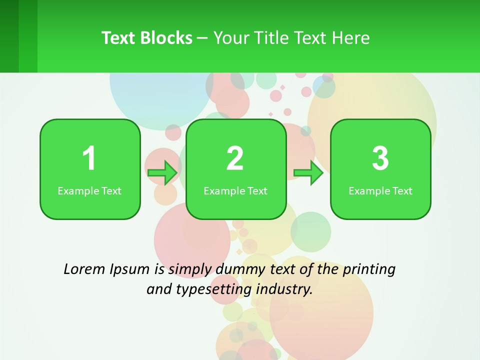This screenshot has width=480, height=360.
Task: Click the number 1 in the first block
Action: [x=89, y=158]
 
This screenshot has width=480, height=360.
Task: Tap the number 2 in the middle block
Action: [x=235, y=158]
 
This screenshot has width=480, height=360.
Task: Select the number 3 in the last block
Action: [x=380, y=158]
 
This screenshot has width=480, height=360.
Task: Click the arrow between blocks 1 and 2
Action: [x=162, y=173]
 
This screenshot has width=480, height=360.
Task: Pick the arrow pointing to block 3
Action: [x=308, y=173]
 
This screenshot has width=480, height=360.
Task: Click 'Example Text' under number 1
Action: [x=89, y=191]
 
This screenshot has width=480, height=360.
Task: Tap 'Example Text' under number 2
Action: [x=235, y=191]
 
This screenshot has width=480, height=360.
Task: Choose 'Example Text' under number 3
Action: [x=380, y=191]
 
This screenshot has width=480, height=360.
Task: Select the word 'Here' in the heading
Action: [x=352, y=38]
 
